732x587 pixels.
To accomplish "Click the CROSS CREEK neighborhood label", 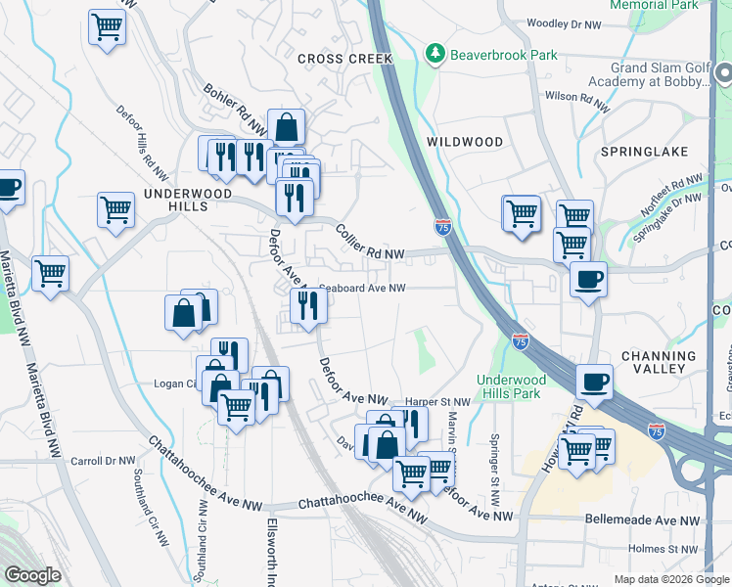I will pyautogui.click(x=344, y=59).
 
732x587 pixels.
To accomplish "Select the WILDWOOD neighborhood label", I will pyautogui.click(x=465, y=142).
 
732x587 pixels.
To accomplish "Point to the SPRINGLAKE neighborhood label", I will pyautogui.click(x=644, y=152).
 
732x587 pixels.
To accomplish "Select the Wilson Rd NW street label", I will pyautogui.click(x=576, y=97).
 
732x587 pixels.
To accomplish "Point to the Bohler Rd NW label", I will pyautogui.click(x=235, y=109).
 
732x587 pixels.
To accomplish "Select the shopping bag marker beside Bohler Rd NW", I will pyautogui.click(x=286, y=127).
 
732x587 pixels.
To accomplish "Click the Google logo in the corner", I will pyautogui.click(x=32, y=576).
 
